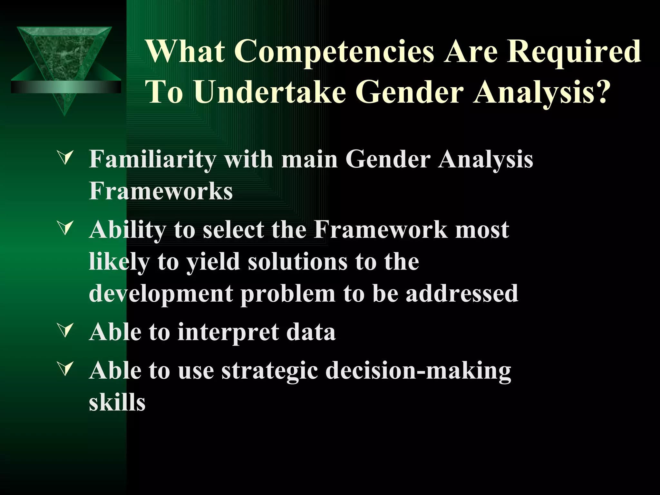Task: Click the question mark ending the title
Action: pos(601,92)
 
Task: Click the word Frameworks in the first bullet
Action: pos(160,191)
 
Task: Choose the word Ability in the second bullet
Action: pos(127,230)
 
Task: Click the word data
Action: pos(311,332)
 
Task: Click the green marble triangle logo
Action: pos(64,52)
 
